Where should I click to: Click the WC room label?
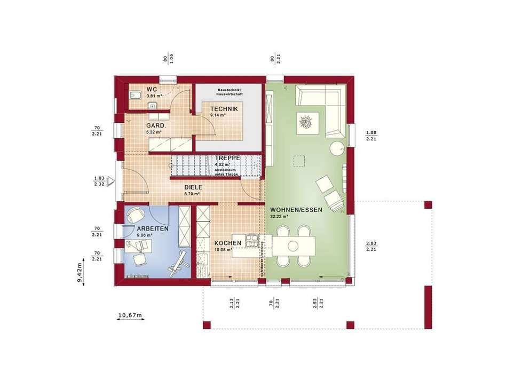coord(151,89)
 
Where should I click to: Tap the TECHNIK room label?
coord(224,108)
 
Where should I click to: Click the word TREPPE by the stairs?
coord(228,159)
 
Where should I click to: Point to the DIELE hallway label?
coord(193,187)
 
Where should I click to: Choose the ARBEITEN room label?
coord(138,228)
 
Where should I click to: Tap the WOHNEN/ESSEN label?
coord(296,210)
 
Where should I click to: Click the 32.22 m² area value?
coord(279,217)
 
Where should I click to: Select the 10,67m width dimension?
coord(130,315)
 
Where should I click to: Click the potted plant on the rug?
coord(306,122)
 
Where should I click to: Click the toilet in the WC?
coord(134,96)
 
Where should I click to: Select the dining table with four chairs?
coord(293,244)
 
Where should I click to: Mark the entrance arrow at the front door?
coord(111,181)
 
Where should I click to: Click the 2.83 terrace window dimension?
coord(371,243)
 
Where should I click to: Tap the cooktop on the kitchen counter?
coord(251,238)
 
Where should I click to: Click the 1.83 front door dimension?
coord(98,178)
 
